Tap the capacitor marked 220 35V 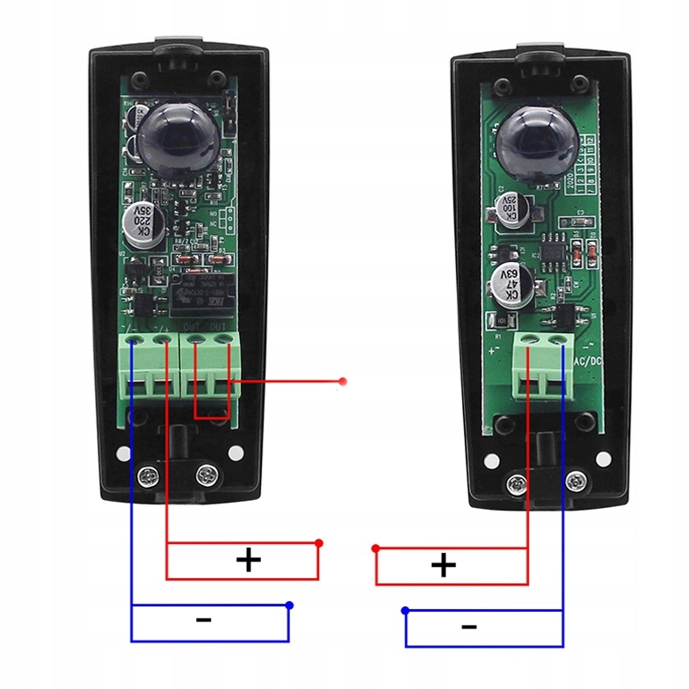(x=144, y=223)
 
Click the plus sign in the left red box (x=250, y=560)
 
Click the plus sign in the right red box (x=444, y=565)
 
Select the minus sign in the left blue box (x=204, y=620)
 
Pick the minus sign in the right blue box (x=468, y=627)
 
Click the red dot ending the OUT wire (x=344, y=381)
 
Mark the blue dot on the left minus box (x=289, y=606)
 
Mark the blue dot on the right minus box (x=405, y=610)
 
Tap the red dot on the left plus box (x=318, y=543)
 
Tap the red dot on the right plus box (x=376, y=548)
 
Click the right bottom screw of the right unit (x=577, y=480)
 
